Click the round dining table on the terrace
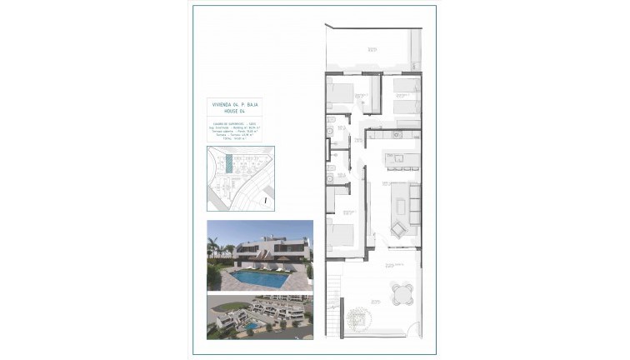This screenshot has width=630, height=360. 402,292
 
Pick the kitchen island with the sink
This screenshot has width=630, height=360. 400,158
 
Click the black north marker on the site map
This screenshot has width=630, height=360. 263,200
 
